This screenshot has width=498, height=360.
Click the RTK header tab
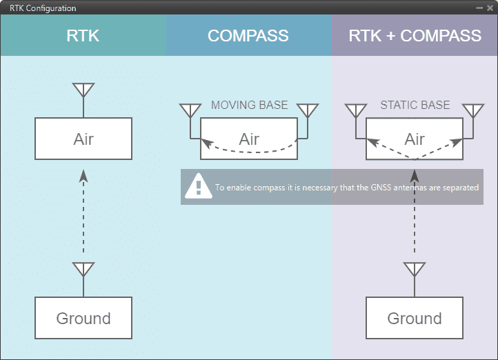tap(83, 36)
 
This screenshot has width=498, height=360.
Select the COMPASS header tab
tap(248, 36)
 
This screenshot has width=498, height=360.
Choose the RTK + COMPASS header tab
tap(415, 36)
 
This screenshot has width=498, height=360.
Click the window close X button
tap(490, 8)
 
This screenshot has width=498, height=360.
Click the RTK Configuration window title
tap(43, 8)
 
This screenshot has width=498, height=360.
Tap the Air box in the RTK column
tap(83, 139)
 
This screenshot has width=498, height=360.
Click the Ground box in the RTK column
tap(83, 318)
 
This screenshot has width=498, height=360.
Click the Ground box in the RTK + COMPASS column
tap(415, 318)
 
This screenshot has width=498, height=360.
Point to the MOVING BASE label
tap(249, 106)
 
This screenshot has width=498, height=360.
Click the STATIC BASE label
tap(415, 106)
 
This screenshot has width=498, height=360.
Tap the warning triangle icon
tap(199, 185)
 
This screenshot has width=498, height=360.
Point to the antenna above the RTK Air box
tap(83, 91)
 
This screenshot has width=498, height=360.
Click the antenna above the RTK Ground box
tap(83, 270)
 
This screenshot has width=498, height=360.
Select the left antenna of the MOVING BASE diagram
tap(190, 111)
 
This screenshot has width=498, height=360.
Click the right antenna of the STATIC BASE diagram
tap(473, 111)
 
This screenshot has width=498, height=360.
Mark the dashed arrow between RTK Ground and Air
tap(83, 214)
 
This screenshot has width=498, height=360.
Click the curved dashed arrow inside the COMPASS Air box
tap(249, 151)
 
